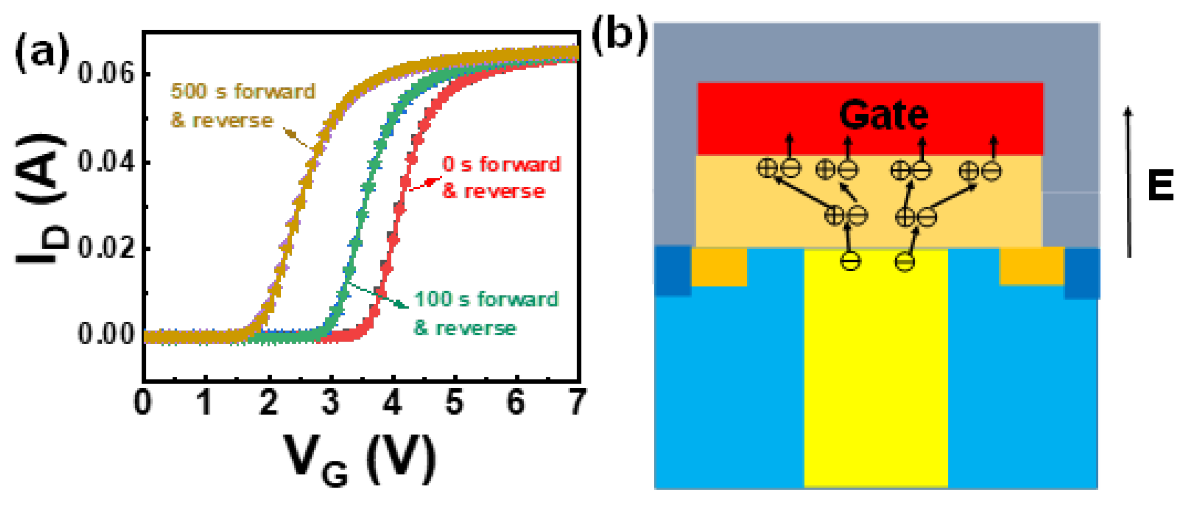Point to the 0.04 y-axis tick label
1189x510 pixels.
[106, 162]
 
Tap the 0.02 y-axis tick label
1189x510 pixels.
[106, 248]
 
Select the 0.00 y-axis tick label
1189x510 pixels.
[106, 334]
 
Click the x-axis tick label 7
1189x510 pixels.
[577, 402]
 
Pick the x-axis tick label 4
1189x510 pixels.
[392, 402]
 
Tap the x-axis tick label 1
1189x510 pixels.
[206, 402]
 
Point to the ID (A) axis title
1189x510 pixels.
[41, 199]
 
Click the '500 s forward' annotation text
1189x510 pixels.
[242, 91]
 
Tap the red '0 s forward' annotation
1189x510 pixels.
[501, 165]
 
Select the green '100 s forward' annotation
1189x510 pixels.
[486, 299]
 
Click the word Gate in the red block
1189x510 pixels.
[884, 115]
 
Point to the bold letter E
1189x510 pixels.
[1160, 185]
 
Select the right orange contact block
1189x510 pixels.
[1032, 266]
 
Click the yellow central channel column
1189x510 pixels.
[876, 378]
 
